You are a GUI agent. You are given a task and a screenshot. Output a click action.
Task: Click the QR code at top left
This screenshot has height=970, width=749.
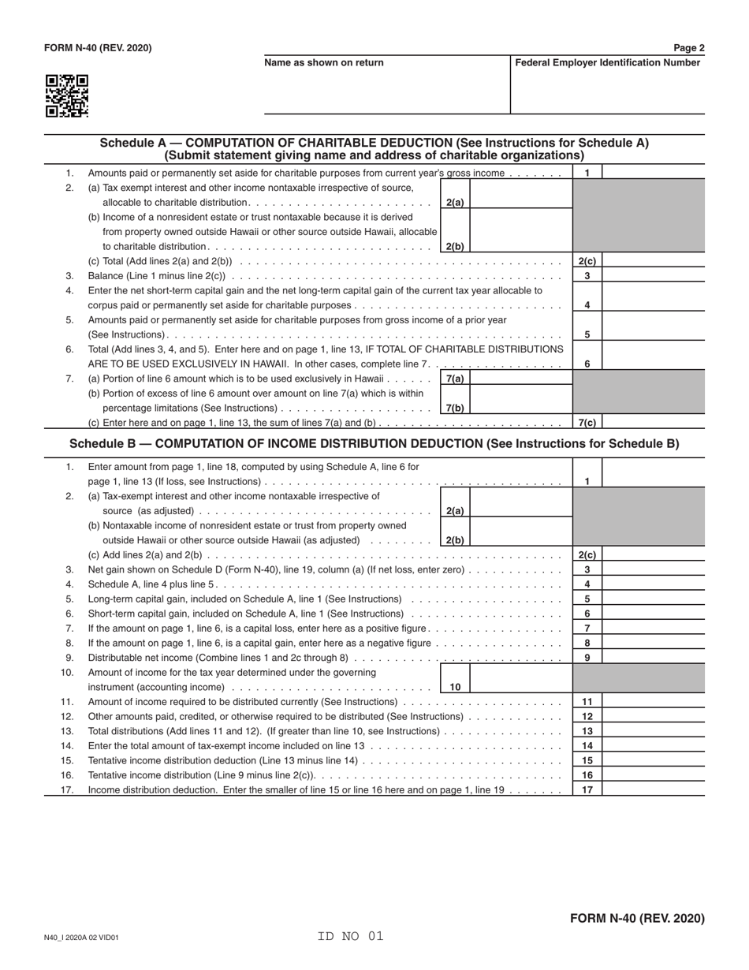point(66,96)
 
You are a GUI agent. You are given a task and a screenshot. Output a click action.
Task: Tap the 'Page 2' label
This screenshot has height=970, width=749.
point(689,48)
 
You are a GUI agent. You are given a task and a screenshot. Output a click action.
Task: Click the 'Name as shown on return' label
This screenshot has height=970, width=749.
point(324,63)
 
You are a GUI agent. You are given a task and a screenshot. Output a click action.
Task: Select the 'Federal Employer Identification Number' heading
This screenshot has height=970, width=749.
point(607,63)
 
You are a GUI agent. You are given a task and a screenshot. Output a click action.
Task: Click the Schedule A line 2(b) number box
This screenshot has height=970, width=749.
point(455,246)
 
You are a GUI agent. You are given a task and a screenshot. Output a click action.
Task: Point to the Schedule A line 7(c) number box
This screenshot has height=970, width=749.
point(587,423)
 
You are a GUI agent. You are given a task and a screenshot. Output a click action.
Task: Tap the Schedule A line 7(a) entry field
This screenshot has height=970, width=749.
point(520,379)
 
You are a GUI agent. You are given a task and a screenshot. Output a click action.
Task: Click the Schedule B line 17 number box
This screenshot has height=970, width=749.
point(587,789)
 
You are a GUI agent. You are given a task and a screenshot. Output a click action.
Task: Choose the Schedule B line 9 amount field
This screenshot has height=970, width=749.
point(653,658)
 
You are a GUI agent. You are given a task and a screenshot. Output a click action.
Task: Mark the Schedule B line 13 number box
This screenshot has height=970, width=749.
point(587,731)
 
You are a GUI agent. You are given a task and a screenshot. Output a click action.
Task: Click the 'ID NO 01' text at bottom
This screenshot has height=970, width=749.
point(350,937)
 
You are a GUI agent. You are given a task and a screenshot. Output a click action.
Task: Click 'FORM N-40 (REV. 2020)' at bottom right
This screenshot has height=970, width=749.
point(637,918)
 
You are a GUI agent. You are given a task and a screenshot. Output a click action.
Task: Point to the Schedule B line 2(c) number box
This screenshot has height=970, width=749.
point(587,555)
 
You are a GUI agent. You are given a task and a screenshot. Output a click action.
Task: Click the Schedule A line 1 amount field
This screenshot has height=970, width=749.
point(653,173)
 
